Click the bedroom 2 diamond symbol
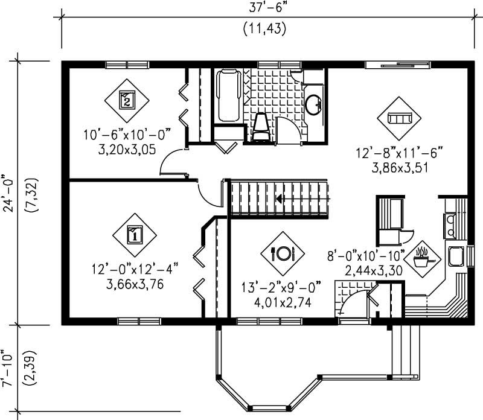point(126,100)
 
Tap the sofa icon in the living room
point(398,117)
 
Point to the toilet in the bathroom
point(261,128)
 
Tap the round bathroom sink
point(314,106)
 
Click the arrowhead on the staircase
point(279,199)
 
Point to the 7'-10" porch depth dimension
point(8,367)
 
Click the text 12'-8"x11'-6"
point(400,155)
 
